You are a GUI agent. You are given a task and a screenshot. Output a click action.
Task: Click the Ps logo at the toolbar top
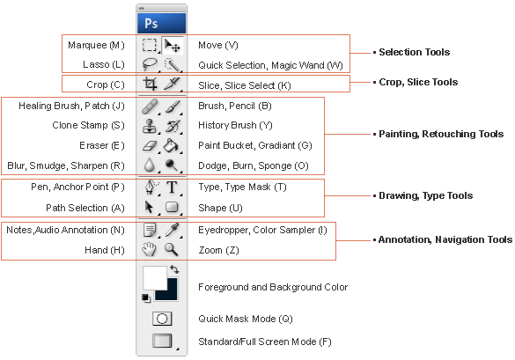(x=151, y=24)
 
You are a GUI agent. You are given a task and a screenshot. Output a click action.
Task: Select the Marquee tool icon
(x=150, y=45)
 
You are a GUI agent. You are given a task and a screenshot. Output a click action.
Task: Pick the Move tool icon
(x=172, y=45)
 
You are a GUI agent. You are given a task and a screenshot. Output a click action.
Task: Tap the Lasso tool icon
(x=150, y=64)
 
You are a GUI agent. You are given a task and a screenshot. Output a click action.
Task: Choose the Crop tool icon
(x=150, y=84)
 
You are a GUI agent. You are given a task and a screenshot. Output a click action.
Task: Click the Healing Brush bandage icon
(x=150, y=107)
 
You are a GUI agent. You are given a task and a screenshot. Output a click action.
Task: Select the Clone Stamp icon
(x=150, y=126)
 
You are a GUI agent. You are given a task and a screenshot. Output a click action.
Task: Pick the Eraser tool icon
(x=150, y=146)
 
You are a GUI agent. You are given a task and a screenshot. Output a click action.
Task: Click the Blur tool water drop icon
(x=150, y=165)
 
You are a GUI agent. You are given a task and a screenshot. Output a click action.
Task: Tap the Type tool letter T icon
(x=172, y=187)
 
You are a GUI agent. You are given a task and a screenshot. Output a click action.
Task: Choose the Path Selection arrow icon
(x=149, y=207)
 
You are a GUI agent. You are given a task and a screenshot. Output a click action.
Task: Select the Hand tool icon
(x=149, y=249)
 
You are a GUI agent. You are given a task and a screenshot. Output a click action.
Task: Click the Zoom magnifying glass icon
(x=172, y=250)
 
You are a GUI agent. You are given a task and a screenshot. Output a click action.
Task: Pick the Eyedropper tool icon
(x=172, y=230)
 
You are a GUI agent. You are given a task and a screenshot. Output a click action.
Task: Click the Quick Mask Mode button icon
(x=162, y=319)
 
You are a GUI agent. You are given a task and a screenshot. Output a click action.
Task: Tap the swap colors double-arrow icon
(x=174, y=269)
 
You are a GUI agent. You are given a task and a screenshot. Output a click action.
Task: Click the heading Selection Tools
(x=414, y=52)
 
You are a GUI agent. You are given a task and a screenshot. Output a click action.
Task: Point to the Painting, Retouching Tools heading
(x=441, y=134)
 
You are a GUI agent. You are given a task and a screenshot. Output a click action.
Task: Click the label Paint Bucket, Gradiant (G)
(x=255, y=145)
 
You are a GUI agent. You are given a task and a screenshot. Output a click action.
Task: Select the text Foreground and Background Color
(x=273, y=288)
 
